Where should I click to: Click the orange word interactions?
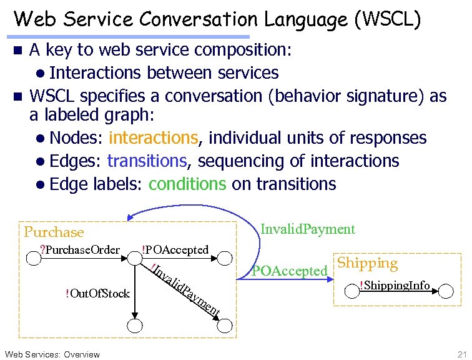point(153,137)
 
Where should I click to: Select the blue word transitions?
point(147,161)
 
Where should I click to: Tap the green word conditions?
point(187,184)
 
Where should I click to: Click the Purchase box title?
point(54,232)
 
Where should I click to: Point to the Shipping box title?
point(367,263)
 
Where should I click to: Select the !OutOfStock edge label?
point(97,294)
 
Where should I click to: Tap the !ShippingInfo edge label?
point(395,286)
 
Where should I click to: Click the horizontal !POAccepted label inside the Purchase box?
point(175,250)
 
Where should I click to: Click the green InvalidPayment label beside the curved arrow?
point(307,229)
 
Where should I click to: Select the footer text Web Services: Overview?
point(52,354)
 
